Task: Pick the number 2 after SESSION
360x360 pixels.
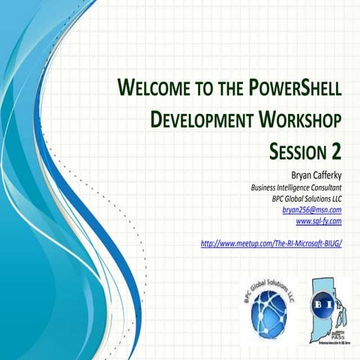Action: (x=336, y=150)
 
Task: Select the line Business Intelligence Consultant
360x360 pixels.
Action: (x=295, y=187)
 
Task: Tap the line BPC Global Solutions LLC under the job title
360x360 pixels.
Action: (x=307, y=199)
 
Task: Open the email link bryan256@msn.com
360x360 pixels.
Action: (x=311, y=211)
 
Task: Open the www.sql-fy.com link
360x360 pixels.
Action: (x=319, y=222)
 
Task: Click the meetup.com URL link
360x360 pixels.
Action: (x=271, y=244)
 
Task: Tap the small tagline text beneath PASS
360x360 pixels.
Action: (x=334, y=343)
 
